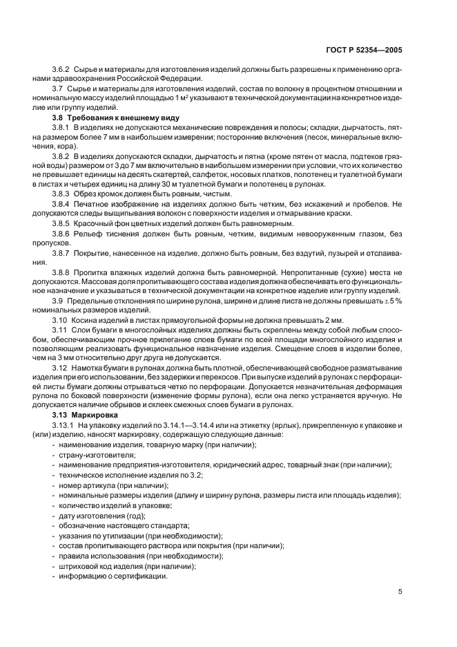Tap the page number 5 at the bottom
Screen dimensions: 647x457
[x=401, y=591]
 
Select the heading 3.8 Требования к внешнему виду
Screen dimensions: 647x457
[x=95, y=118]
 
